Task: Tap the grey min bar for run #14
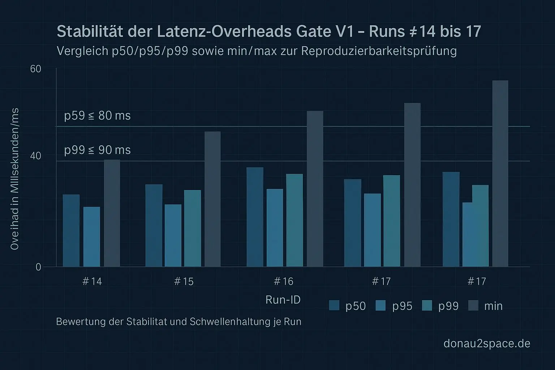click(x=112, y=213)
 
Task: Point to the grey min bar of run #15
click(x=212, y=199)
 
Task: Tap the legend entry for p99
click(x=440, y=306)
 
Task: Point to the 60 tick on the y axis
click(x=35, y=69)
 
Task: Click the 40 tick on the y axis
click(x=35, y=156)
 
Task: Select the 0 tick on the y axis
click(x=38, y=267)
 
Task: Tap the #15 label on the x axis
click(x=184, y=281)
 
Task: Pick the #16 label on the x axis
click(x=284, y=281)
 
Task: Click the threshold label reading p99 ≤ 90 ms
click(x=97, y=150)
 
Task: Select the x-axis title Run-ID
click(x=283, y=300)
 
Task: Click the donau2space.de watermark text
click(x=487, y=343)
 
